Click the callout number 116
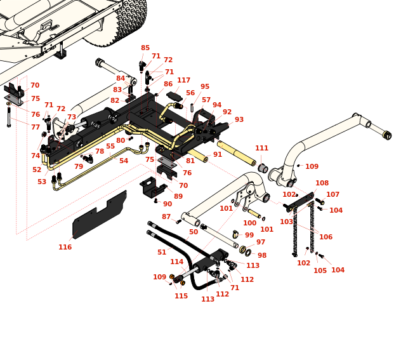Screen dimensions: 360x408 (65, 247)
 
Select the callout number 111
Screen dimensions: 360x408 (261, 148)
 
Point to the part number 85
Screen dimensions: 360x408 (145, 48)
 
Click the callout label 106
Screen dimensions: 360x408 (326, 237)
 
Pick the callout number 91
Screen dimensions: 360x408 (218, 154)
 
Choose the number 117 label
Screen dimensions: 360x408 (183, 81)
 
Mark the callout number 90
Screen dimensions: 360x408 (168, 204)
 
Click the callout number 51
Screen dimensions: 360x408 (162, 252)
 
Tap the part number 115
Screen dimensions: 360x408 (181, 296)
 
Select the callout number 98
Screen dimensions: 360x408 (262, 255)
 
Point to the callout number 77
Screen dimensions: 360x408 (36, 127)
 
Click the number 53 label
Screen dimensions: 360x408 (41, 182)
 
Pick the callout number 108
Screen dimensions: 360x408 (322, 183)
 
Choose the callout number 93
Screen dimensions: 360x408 (239, 119)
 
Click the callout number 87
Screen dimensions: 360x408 (166, 217)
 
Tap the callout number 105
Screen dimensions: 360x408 (320, 270)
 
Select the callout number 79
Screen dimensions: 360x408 (78, 166)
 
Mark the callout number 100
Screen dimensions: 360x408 (249, 223)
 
